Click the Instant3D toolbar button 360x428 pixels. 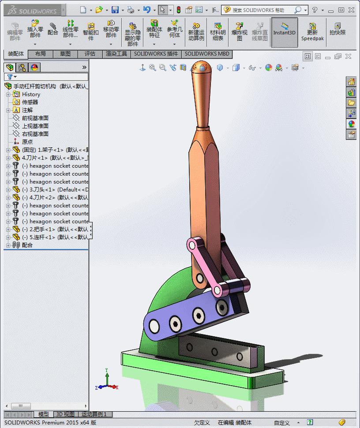(284, 32)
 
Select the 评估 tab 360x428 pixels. (90, 54)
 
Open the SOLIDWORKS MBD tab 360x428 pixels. (206, 54)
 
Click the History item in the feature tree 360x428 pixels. (31, 94)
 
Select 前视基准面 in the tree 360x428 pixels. (35, 118)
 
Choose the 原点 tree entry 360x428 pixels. (27, 142)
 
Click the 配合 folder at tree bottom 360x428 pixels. (27, 245)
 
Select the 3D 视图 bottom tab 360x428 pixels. (65, 414)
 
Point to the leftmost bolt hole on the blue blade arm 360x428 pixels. (154, 326)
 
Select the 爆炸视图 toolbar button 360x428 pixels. (239, 32)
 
